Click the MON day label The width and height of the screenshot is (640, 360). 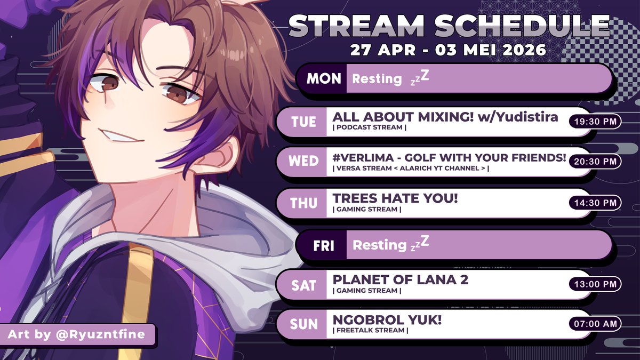(323, 79)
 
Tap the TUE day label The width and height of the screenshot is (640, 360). (303, 122)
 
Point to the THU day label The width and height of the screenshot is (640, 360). (303, 203)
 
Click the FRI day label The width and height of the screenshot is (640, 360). (324, 245)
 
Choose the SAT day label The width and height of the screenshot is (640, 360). (303, 285)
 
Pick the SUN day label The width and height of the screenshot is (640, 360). (303, 324)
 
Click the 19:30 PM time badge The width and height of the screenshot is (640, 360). (595, 122)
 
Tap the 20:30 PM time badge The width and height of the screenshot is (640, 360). (595, 161)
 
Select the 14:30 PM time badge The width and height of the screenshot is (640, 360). (595, 203)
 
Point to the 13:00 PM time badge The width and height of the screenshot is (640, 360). (595, 285)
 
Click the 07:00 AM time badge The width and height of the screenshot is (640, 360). (595, 324)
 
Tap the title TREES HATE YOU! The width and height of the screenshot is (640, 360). (395, 198)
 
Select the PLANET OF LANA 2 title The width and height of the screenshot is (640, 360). (400, 280)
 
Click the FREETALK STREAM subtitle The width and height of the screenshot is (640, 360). (370, 331)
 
